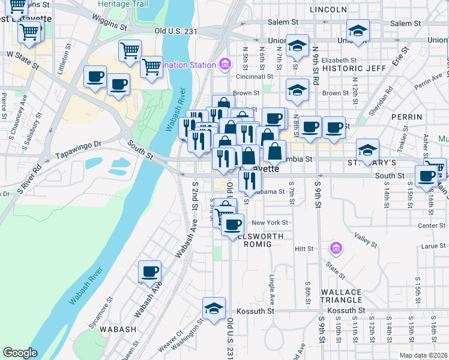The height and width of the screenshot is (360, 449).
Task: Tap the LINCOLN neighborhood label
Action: pyautogui.click(x=328, y=10)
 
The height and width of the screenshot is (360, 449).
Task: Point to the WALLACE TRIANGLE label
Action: pyautogui.click(x=340, y=297)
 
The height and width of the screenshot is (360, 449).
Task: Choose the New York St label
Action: pyautogui.click(x=270, y=223)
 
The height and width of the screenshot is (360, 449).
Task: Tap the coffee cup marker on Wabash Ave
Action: pyautogui.click(x=149, y=272)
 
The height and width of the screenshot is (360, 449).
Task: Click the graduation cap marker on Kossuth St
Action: pyautogui.click(x=214, y=308)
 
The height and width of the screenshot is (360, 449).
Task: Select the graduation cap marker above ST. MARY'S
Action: pyautogui.click(x=367, y=150)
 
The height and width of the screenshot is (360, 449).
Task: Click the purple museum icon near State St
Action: pyautogui.click(x=336, y=247)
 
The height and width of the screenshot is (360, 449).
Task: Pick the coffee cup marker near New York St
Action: pyautogui.click(x=232, y=225)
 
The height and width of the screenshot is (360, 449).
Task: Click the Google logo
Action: pyautogui.click(x=20, y=353)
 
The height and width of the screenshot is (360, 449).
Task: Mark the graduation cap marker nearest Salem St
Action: pyautogui.click(x=358, y=31)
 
